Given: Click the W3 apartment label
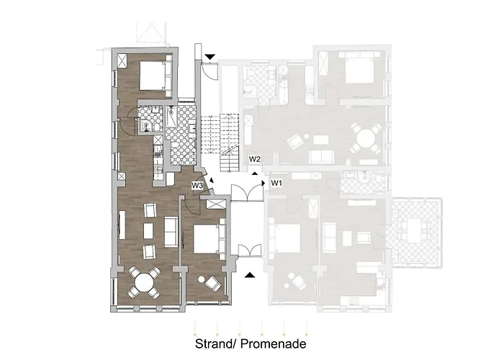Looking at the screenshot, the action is point(197,186).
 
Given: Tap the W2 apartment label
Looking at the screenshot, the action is point(255,159).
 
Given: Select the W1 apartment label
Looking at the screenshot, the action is point(276,183).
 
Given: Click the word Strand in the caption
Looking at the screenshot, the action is point(213,343).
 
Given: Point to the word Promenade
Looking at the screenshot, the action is point(273,343).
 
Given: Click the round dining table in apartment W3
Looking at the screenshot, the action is point(144,283).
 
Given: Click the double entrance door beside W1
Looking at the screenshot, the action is point(247,193).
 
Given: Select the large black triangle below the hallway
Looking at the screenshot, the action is point(250,275).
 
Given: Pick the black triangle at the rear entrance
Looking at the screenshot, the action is point(210,57).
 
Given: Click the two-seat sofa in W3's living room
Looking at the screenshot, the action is point(171,232).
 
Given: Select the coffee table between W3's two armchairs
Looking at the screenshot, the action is point(148,231).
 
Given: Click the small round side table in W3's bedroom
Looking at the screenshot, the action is point(202,279).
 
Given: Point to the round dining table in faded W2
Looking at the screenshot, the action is point(366,138).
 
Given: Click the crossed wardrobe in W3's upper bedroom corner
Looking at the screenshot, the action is point(122,60).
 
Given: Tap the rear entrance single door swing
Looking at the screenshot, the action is point(210,71).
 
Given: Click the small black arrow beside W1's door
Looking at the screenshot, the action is point(264,183).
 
